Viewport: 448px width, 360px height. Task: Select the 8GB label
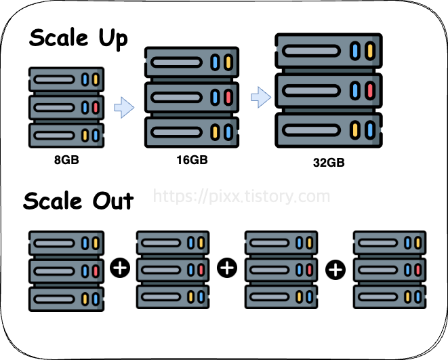click(x=66, y=161)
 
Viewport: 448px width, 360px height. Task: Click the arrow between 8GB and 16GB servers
click(x=123, y=107)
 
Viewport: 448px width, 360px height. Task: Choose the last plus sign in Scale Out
click(x=335, y=270)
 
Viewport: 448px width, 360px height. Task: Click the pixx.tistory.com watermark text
click(x=241, y=197)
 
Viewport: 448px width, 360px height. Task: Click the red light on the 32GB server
click(x=369, y=90)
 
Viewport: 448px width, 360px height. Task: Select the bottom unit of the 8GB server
click(x=66, y=135)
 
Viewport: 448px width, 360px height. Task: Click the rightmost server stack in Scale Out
click(x=390, y=271)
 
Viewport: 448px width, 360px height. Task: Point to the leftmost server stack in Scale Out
click(x=66, y=271)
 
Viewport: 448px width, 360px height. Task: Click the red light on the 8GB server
click(x=96, y=108)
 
